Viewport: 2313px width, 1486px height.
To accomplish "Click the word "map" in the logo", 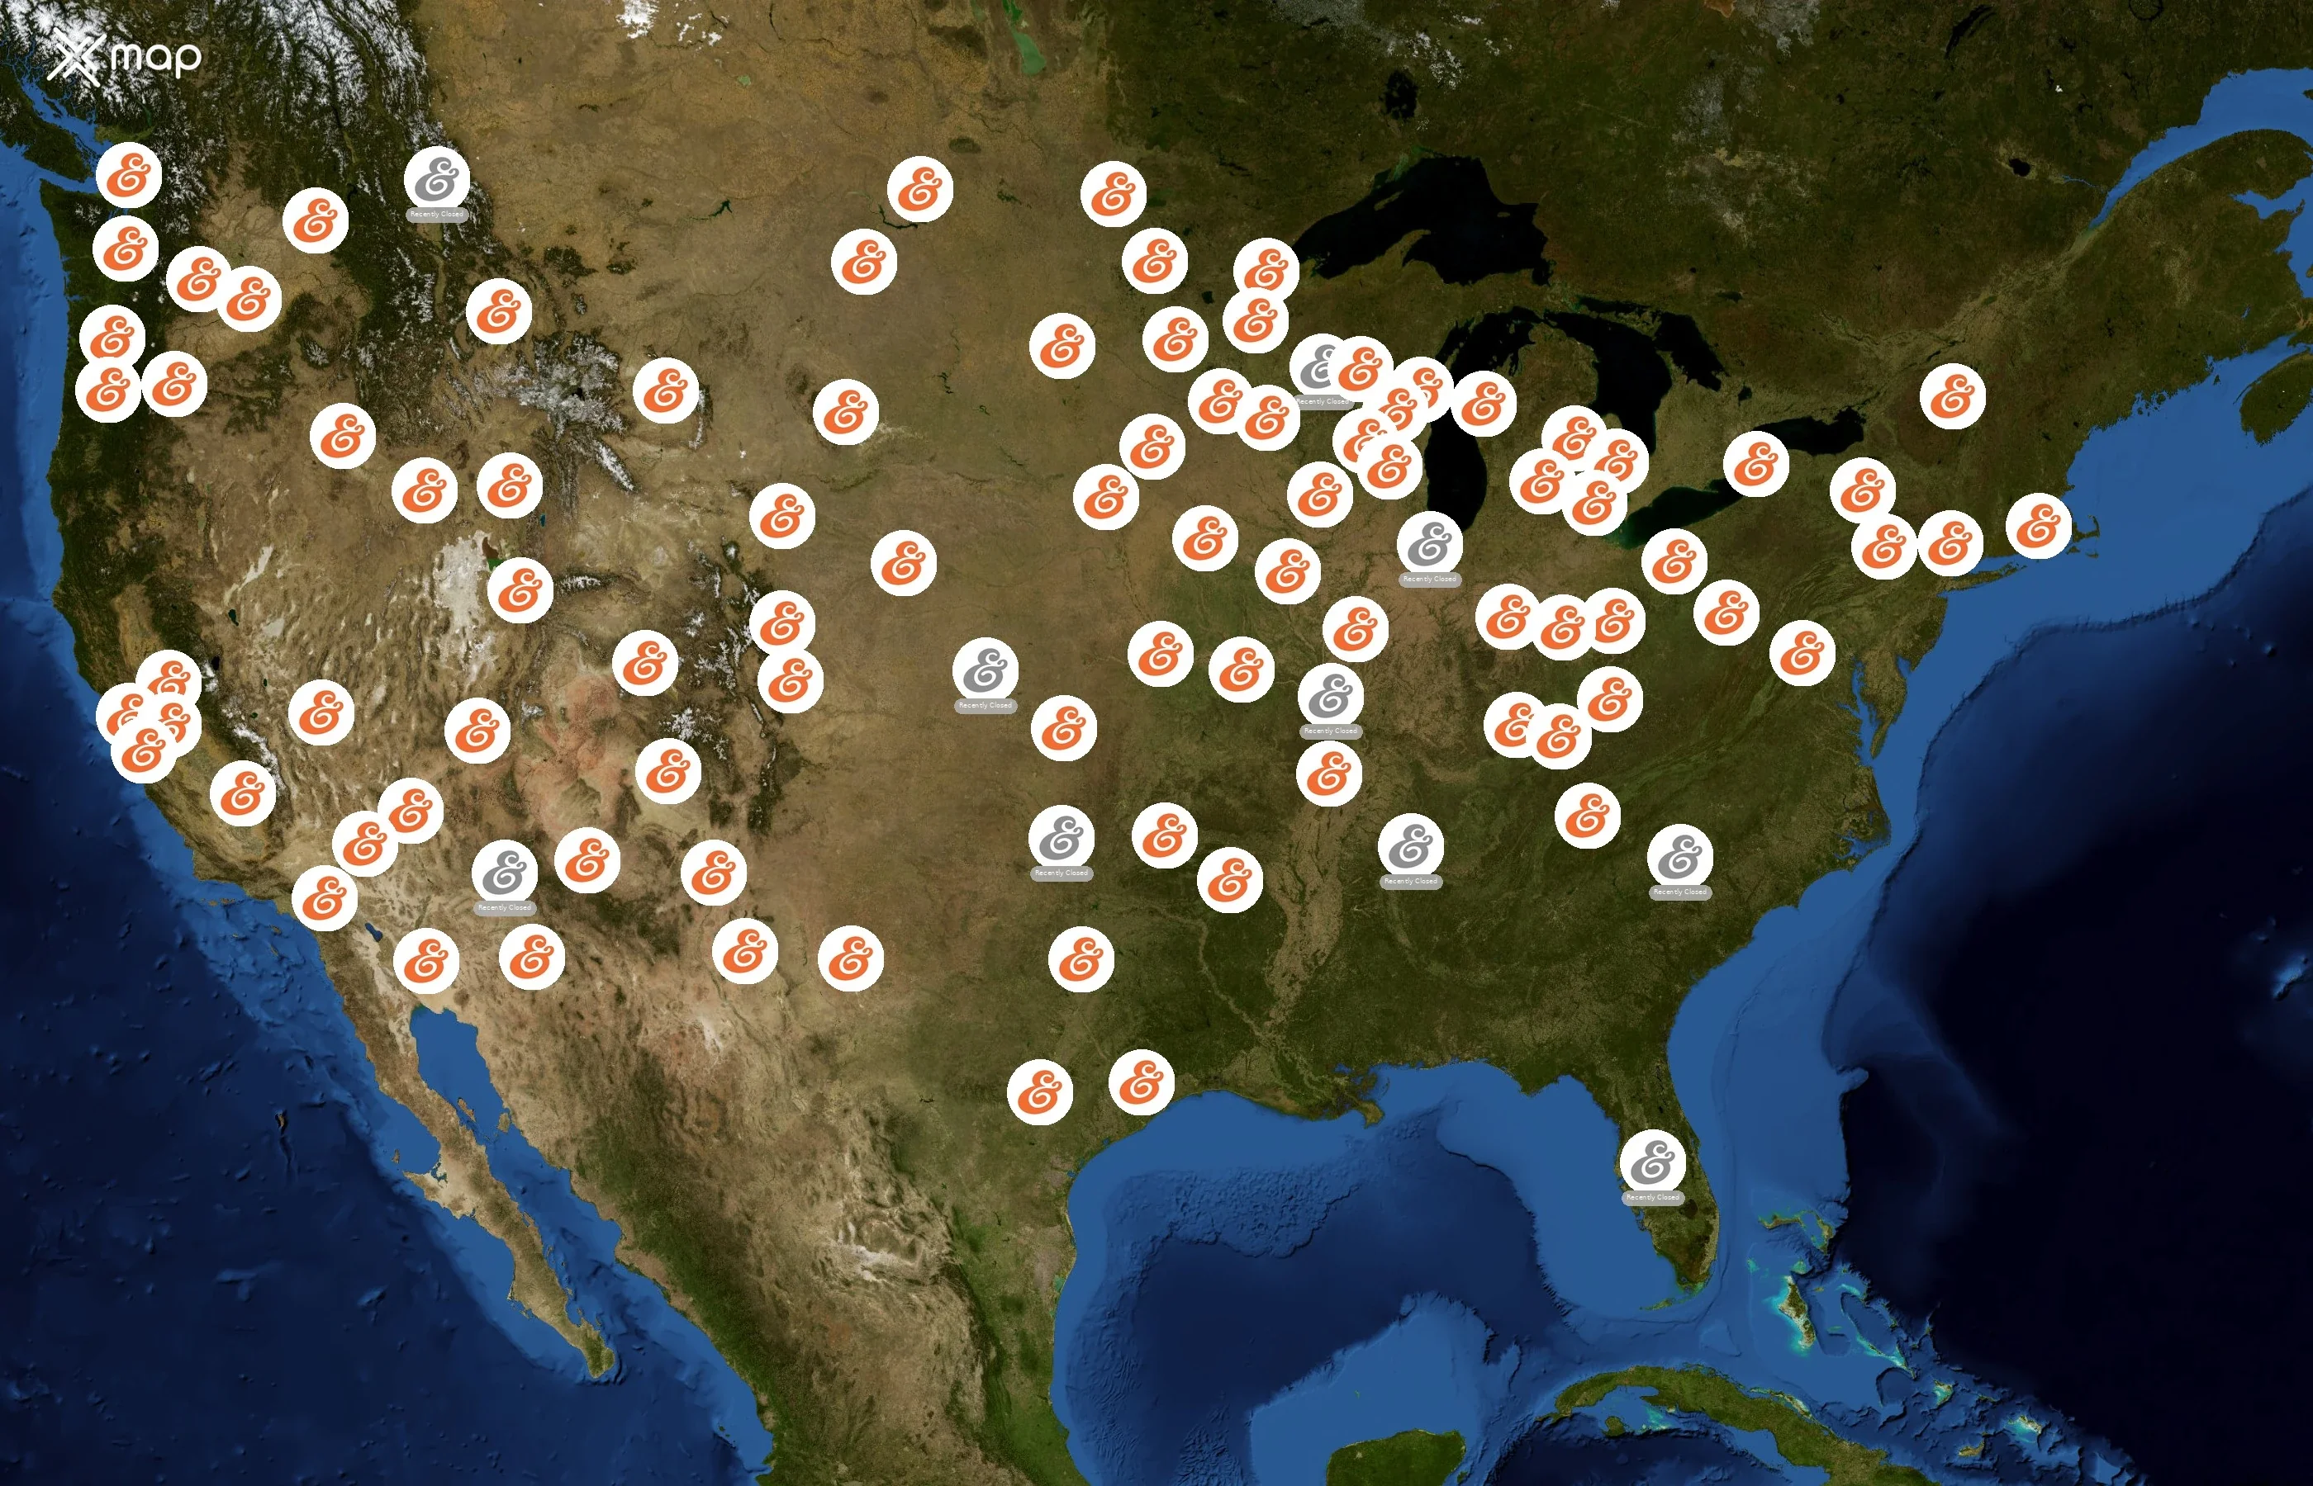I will tap(155, 58).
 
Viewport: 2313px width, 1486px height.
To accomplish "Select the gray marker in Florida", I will tap(1653, 1161).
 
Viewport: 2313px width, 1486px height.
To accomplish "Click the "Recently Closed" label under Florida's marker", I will tap(1653, 1198).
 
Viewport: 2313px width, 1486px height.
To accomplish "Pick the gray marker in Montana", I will tap(437, 178).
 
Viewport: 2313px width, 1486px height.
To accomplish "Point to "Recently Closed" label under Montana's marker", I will tap(437, 214).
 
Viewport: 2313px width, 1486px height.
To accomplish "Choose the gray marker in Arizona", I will tap(504, 873).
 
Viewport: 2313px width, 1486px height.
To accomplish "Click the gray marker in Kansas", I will tap(985, 670).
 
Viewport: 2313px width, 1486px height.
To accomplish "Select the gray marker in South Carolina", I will tap(1679, 856).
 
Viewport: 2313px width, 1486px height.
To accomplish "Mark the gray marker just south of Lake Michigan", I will tap(1430, 543).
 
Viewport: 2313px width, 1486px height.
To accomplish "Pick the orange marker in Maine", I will tap(1952, 395).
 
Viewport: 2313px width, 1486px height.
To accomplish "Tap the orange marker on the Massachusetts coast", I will tap(2038, 526).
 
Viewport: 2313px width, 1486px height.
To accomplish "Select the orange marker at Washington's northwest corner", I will tap(128, 175).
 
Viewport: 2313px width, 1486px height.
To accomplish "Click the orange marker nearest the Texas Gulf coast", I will tap(1141, 1081).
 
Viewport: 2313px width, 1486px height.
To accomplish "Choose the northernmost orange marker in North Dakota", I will tap(920, 189).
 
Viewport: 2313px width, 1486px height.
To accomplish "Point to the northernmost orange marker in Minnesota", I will tap(1113, 194).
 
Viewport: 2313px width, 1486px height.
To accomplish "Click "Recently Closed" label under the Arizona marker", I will tap(504, 908).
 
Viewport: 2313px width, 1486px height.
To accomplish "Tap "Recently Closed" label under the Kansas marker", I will tap(985, 705).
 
